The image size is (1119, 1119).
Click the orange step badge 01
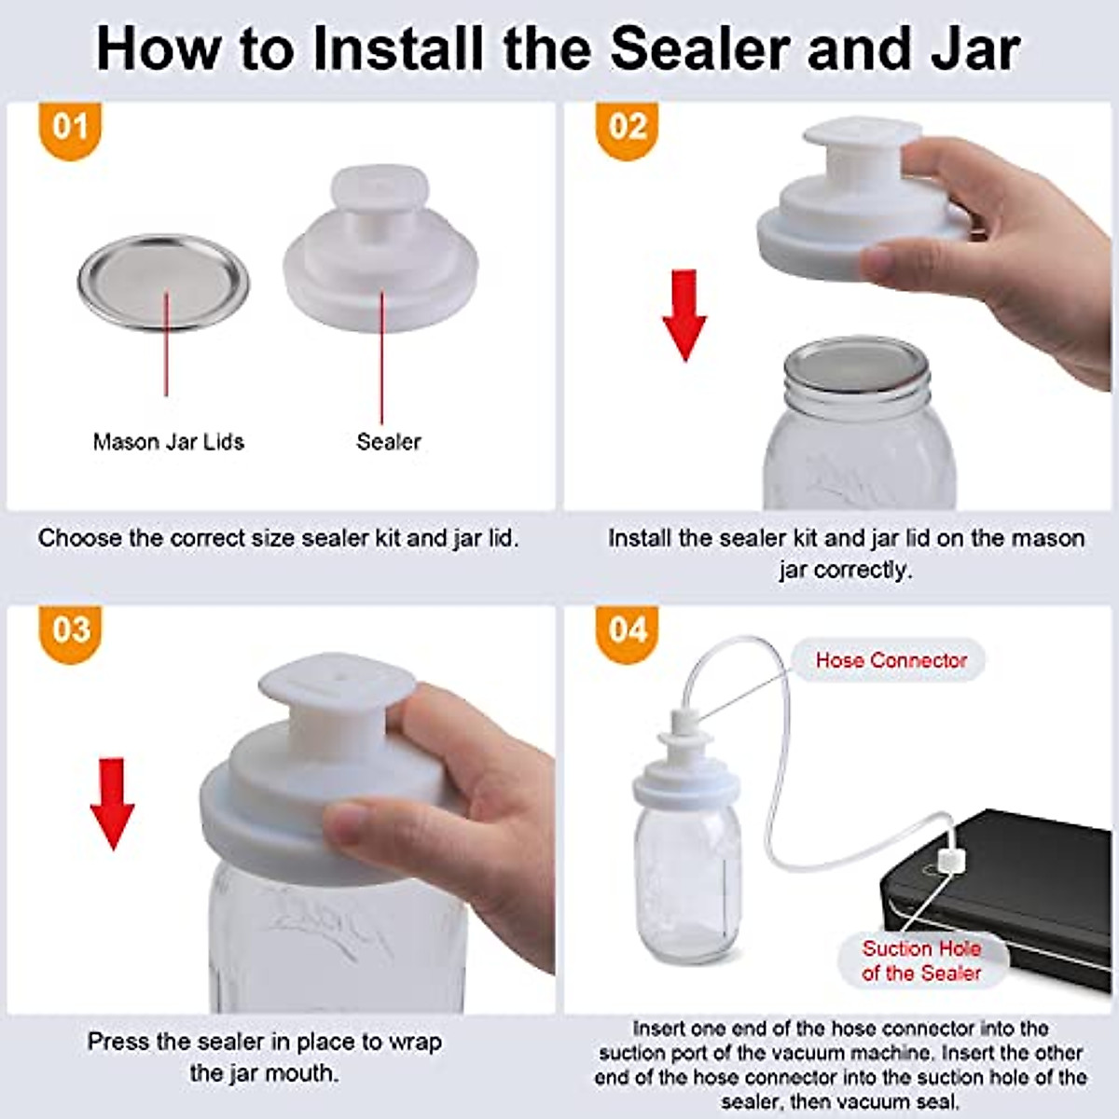70,129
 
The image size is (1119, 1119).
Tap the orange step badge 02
627,129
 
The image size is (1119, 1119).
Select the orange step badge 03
70,631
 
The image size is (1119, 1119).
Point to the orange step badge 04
627,631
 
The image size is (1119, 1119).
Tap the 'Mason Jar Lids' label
168,442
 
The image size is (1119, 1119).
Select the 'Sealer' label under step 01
388,442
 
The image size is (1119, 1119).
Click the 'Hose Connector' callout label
891,660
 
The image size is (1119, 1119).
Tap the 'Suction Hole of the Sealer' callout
921,960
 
